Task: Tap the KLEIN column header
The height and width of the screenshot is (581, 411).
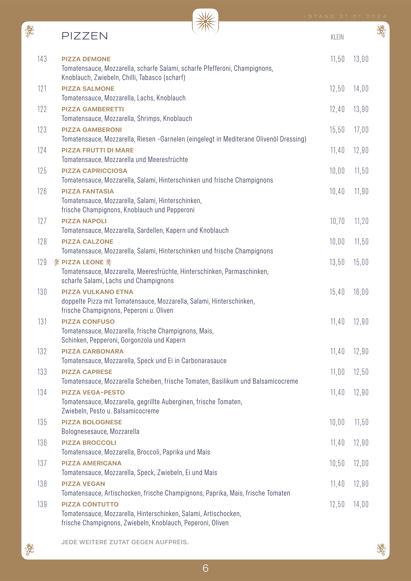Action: tap(337, 37)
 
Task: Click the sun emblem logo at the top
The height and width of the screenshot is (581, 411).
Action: tap(205, 22)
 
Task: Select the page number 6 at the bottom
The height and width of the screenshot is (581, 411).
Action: tap(205, 568)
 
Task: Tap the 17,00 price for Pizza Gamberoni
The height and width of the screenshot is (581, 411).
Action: tap(361, 130)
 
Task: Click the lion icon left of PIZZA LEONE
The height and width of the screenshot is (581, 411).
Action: tap(57, 262)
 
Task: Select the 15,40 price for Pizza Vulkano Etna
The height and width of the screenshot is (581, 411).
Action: tap(337, 292)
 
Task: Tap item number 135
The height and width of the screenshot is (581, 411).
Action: tap(42, 422)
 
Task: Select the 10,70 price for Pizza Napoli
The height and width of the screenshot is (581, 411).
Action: tap(337, 221)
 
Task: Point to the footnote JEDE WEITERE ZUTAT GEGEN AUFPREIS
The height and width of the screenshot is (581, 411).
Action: tap(125, 542)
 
